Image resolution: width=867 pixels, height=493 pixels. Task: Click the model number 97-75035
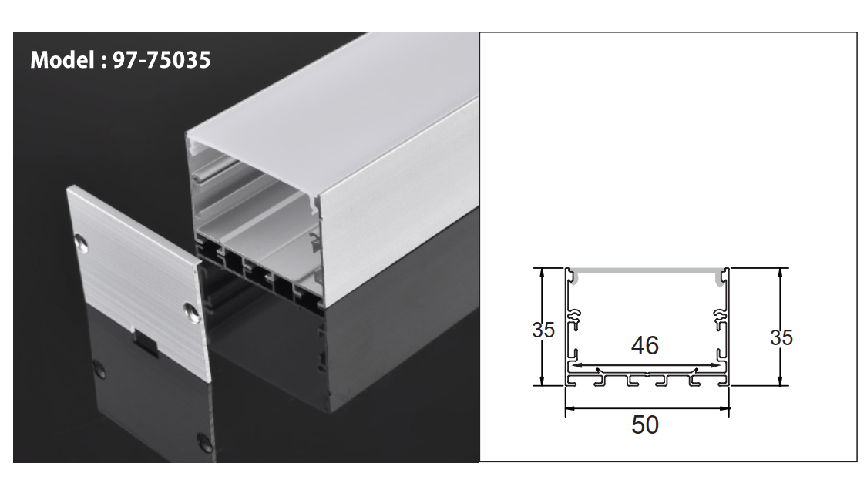tap(162, 60)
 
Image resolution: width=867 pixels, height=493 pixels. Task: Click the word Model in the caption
tap(61, 60)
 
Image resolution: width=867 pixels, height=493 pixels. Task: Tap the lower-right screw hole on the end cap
tap(190, 310)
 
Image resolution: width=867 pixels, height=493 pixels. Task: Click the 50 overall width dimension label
tap(645, 424)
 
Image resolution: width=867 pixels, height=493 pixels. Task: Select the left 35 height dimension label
tap(543, 330)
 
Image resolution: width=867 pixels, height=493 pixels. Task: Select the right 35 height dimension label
tap(781, 337)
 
